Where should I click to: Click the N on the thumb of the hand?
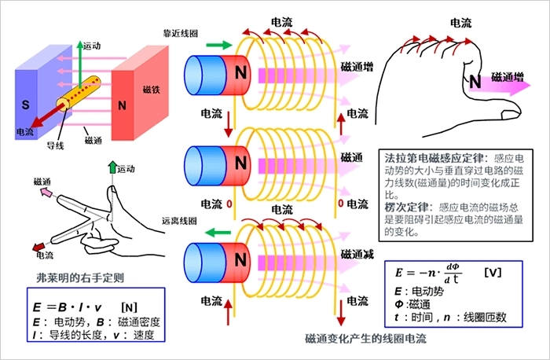pos(475,79)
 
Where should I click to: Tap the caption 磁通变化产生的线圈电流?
pos(365,339)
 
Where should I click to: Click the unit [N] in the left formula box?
pos(130,305)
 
